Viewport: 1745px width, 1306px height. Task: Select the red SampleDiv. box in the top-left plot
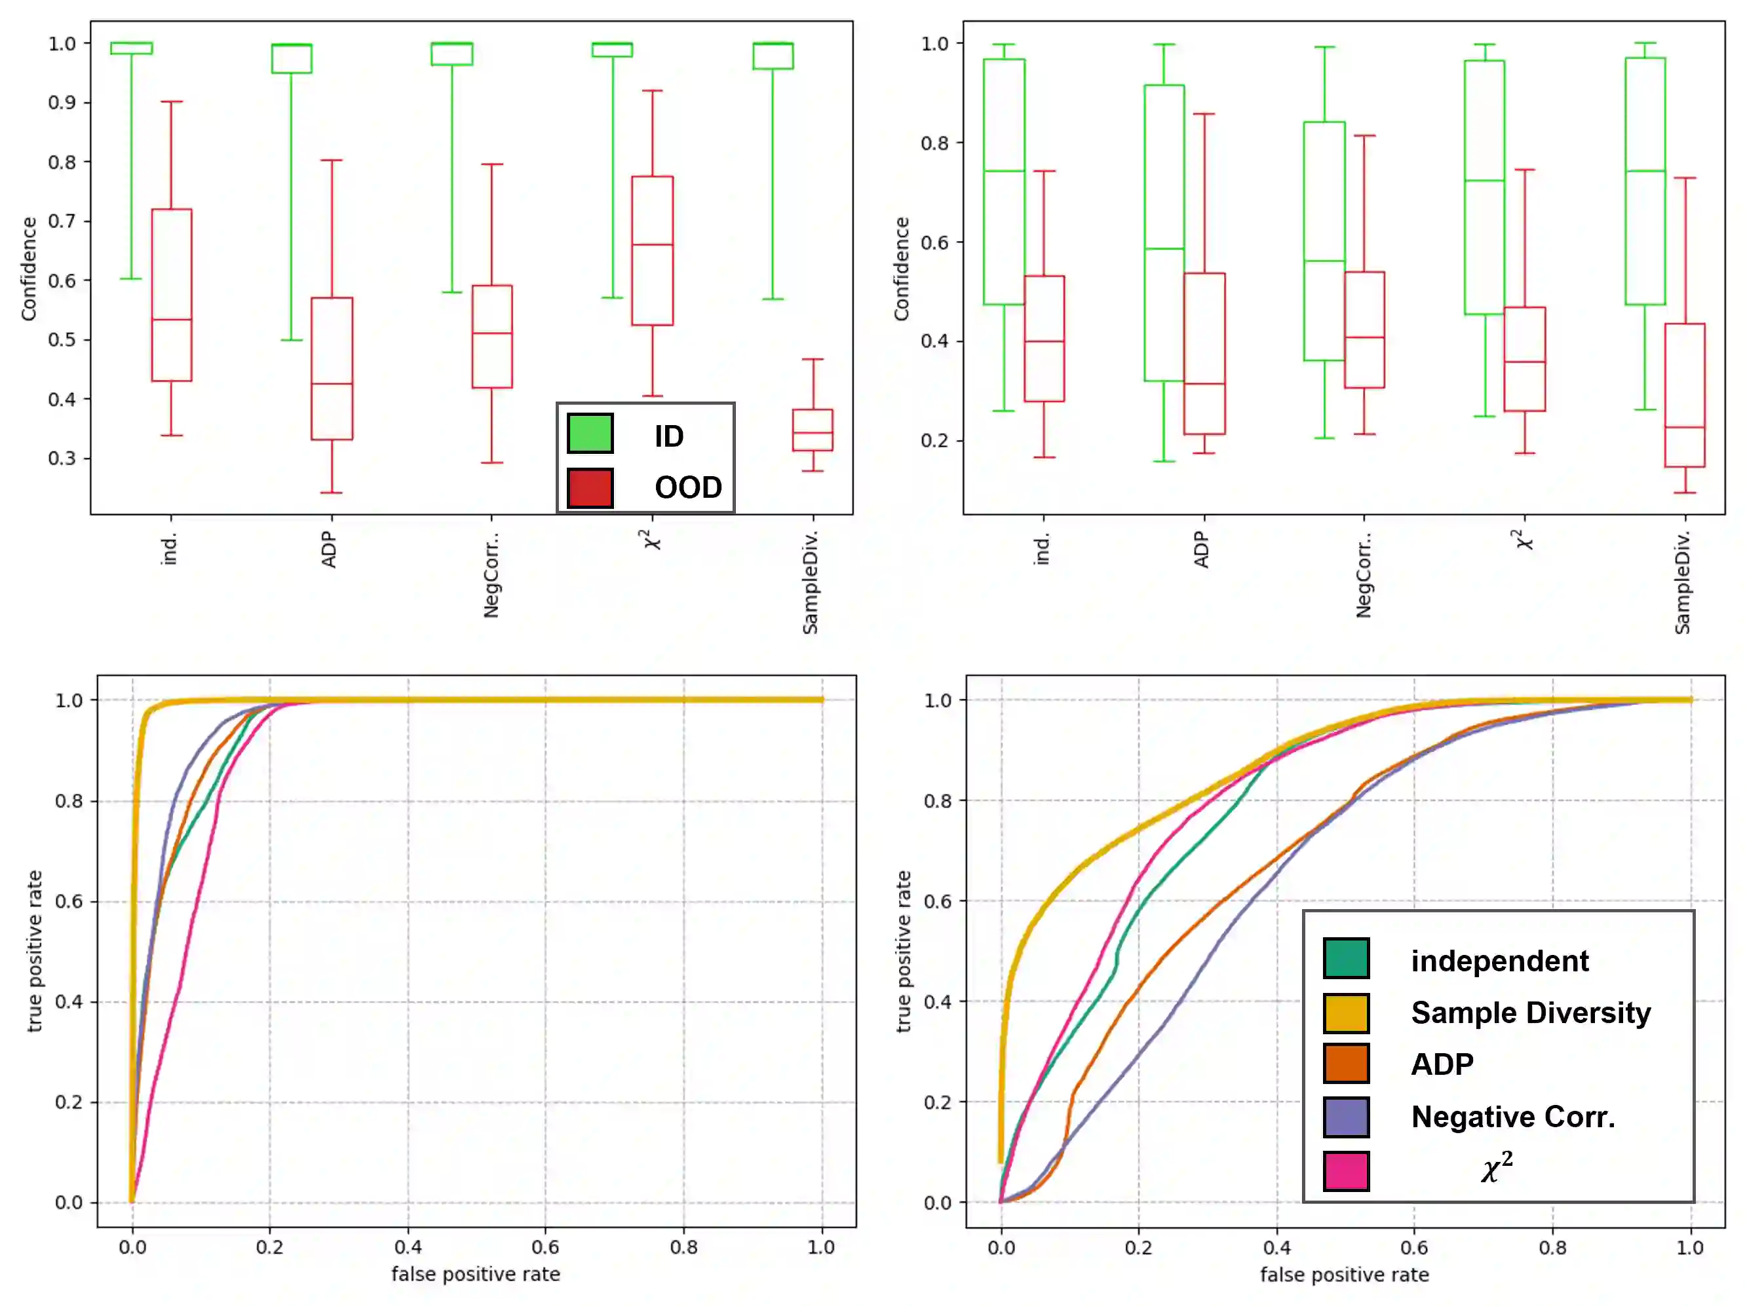(813, 430)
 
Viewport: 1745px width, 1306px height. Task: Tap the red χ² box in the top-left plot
(653, 251)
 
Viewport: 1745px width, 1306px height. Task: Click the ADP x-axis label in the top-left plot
(329, 550)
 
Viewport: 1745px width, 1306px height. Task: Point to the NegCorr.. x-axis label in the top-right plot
(1364, 574)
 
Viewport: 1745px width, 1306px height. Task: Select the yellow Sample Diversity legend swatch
(1346, 1013)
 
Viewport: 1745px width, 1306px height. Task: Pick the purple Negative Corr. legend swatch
(1346, 1117)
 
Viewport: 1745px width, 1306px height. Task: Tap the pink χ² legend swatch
(1346, 1170)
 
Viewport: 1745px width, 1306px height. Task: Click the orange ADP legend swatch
(1346, 1064)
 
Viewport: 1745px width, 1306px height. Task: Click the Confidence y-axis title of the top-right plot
(902, 269)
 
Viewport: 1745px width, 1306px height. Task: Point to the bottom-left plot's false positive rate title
(476, 1275)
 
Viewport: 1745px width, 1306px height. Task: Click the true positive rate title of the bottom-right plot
(904, 951)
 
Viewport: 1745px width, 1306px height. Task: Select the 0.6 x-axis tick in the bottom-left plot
(545, 1248)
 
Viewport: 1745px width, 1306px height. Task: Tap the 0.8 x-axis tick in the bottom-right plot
(1552, 1248)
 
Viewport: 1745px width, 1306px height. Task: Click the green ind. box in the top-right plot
(1005, 181)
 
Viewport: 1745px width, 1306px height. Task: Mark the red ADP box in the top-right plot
(1204, 353)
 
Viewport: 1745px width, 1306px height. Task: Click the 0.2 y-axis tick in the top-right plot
(935, 441)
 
